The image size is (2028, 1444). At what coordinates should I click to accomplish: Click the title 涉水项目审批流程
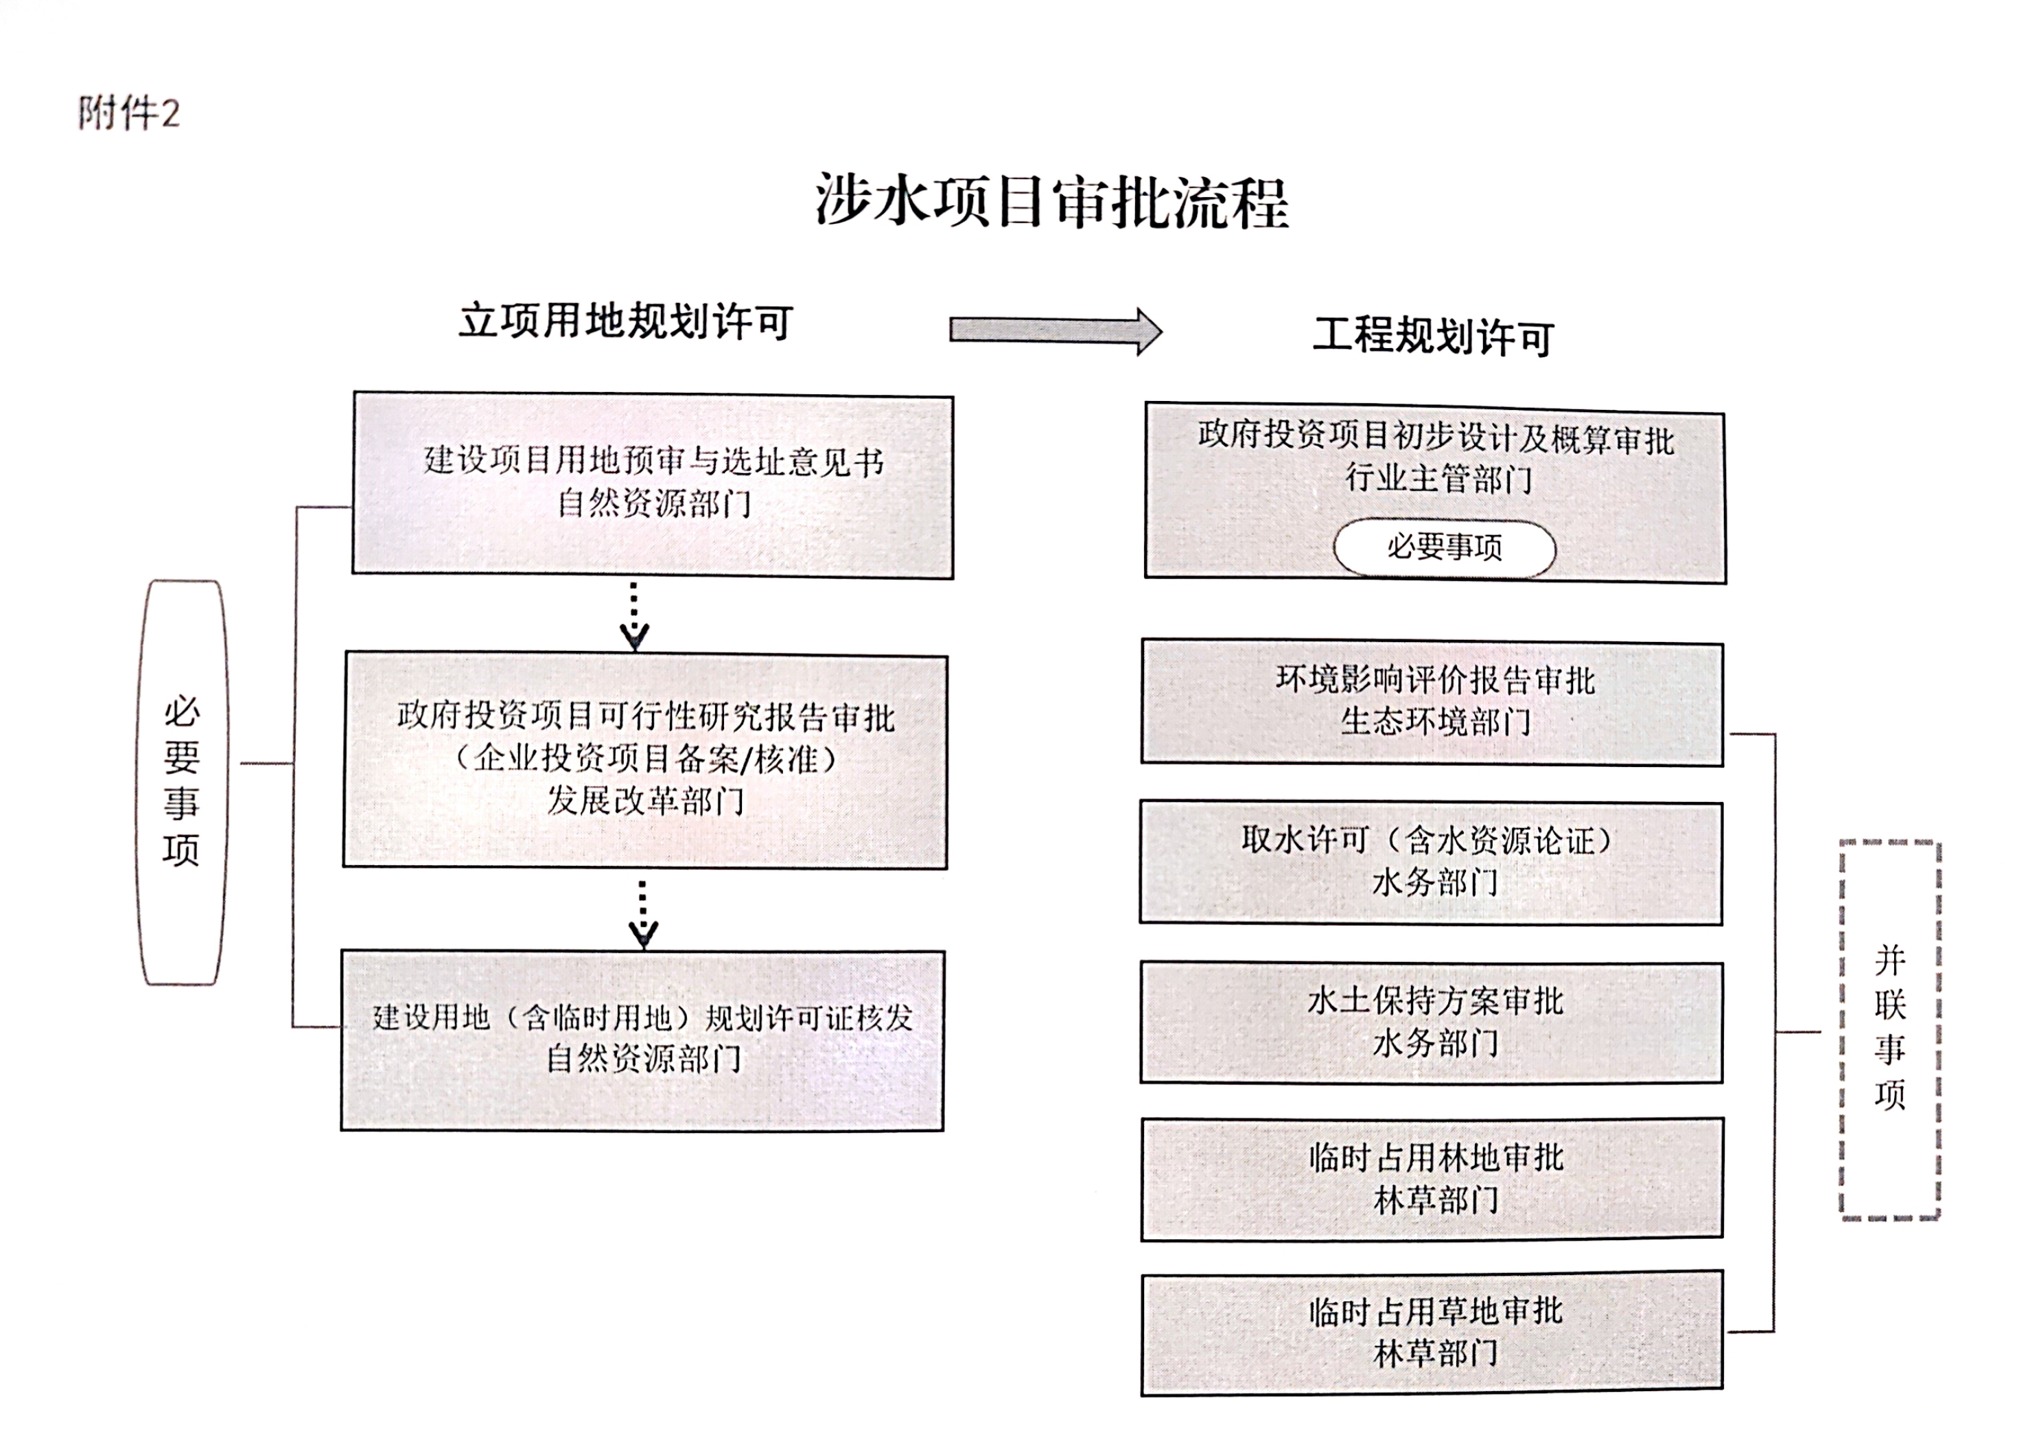click(1052, 202)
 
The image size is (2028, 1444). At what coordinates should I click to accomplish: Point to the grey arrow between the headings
click(1055, 332)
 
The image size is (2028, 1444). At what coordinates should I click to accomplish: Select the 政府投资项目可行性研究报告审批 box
click(645, 760)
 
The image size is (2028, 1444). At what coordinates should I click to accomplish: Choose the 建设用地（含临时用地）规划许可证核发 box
click(642, 1040)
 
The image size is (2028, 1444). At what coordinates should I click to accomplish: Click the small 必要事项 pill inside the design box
click(1444, 547)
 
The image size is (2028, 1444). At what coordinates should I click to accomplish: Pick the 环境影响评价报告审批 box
click(1432, 702)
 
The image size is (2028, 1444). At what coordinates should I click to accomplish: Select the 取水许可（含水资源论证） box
click(1432, 862)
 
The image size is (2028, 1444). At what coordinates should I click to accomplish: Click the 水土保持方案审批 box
click(1432, 1022)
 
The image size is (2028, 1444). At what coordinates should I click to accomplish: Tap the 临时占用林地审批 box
click(1432, 1179)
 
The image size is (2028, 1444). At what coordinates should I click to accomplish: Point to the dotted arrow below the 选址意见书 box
click(633, 616)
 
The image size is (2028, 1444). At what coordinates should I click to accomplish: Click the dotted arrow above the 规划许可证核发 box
click(642, 914)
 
